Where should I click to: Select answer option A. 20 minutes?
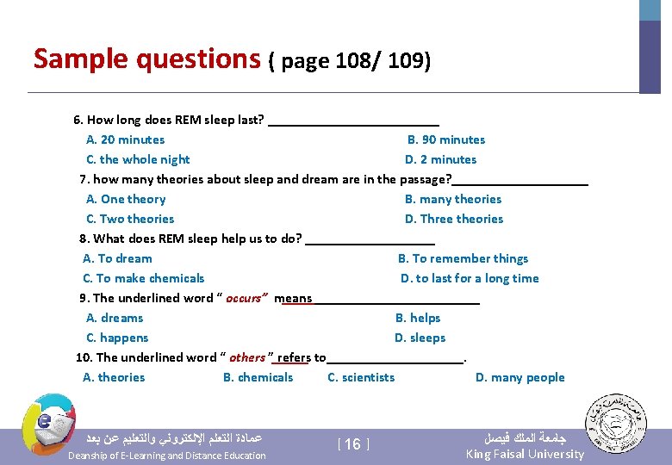click(126, 139)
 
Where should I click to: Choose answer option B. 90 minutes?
click(446, 139)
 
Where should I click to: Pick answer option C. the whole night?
click(138, 159)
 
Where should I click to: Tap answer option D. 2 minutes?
click(440, 159)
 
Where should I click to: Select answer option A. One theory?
click(126, 199)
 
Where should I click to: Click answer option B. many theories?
click(453, 199)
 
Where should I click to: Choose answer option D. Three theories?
click(454, 219)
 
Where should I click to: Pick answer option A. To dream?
click(117, 258)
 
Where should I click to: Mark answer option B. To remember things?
click(463, 258)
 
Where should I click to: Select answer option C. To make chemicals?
click(144, 278)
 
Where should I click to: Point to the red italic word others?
click(248, 357)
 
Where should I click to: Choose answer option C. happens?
click(117, 338)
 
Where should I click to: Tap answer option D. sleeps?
click(420, 338)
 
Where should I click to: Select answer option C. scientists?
click(361, 377)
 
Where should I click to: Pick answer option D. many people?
click(520, 377)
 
